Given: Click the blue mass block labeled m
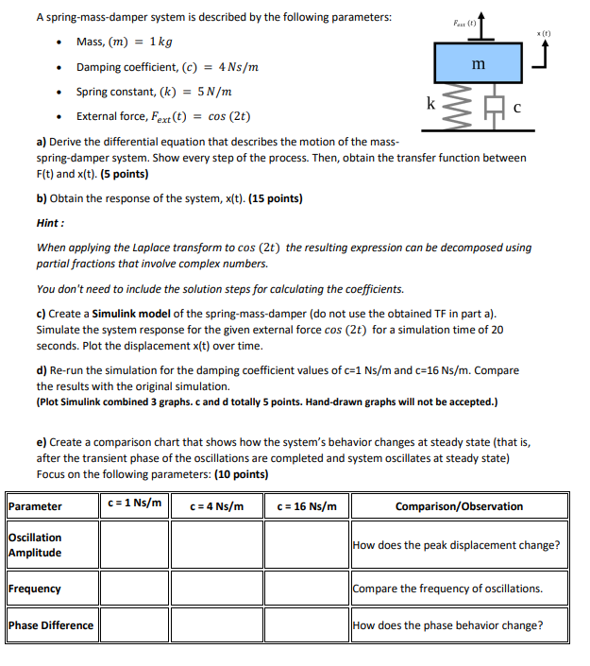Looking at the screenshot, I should [479, 63].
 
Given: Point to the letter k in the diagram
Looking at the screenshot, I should [431, 101].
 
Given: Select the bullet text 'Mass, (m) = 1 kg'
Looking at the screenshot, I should [124, 43].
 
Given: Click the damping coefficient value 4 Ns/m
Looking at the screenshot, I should [240, 67].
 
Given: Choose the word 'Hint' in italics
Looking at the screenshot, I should [49, 224].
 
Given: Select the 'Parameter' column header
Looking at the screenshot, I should [35, 506].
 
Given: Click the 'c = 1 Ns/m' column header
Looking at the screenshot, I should [134, 504].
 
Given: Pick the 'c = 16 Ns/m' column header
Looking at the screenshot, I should [306, 506].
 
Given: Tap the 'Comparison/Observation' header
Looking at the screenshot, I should [459, 506].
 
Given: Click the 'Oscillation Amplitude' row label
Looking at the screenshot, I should [35, 545].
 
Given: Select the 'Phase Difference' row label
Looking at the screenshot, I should [51, 624].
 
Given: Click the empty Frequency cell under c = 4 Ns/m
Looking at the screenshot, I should [216, 589].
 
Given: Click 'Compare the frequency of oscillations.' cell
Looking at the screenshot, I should [447, 589].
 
